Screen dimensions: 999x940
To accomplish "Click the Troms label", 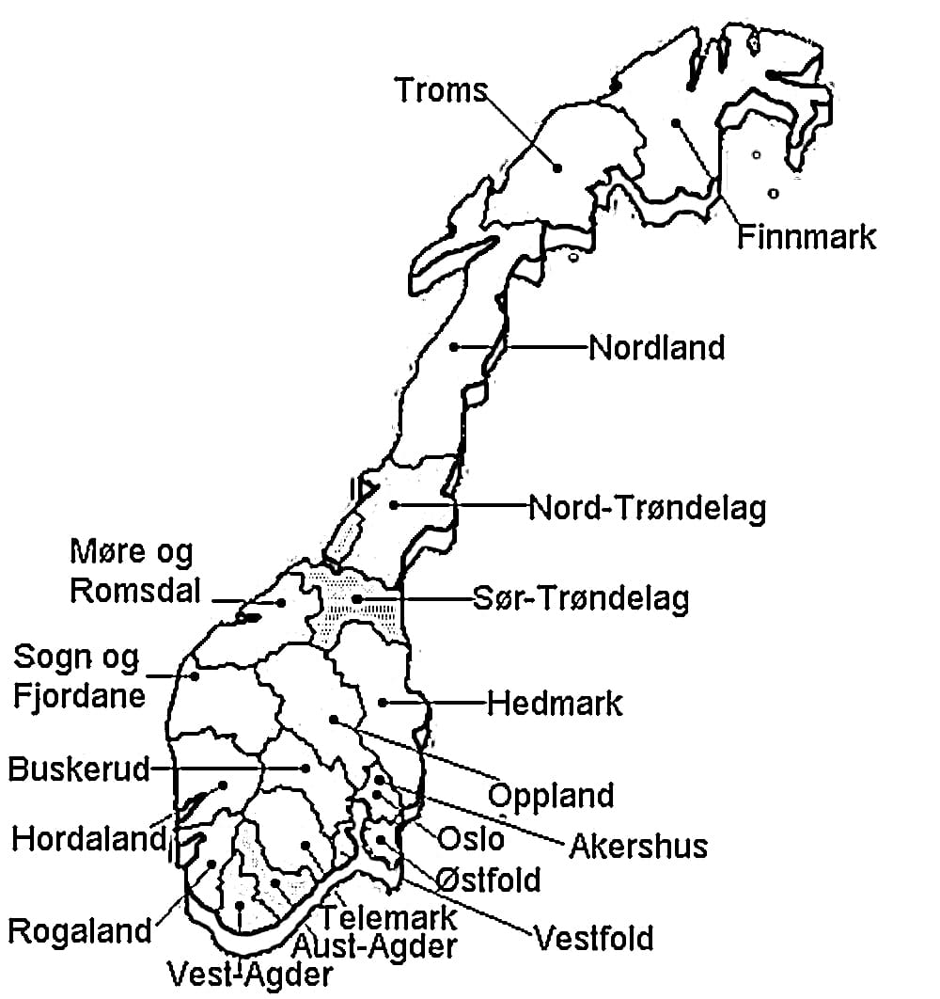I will click(x=441, y=90).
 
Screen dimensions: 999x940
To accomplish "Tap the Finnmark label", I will click(x=806, y=236).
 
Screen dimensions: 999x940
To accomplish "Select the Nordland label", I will click(x=657, y=348).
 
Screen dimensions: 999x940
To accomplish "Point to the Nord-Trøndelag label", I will click(x=648, y=508).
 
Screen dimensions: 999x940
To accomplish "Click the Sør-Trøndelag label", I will click(x=580, y=598).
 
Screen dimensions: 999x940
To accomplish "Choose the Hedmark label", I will click(x=555, y=703).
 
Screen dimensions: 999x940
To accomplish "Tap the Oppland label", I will click(x=551, y=796).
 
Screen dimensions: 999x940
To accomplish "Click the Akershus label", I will click(x=638, y=846).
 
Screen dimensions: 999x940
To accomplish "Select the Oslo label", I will click(x=472, y=837).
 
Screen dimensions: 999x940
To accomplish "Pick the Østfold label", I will click(x=489, y=880).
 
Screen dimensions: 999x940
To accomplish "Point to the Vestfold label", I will click(x=593, y=938).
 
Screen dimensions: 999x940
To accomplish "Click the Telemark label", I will click(x=389, y=915).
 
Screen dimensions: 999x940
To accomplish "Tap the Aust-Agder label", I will click(x=374, y=944).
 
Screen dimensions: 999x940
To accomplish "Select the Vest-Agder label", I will click(x=249, y=974).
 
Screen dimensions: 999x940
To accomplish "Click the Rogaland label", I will click(x=80, y=931).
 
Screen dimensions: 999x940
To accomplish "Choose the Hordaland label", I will click(x=88, y=838).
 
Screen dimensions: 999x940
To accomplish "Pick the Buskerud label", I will click(x=79, y=769).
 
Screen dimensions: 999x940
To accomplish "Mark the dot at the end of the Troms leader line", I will click(x=557, y=167).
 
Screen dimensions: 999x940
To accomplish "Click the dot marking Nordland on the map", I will click(x=454, y=347).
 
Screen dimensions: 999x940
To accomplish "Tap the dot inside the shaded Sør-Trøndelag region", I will click(x=357, y=598).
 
